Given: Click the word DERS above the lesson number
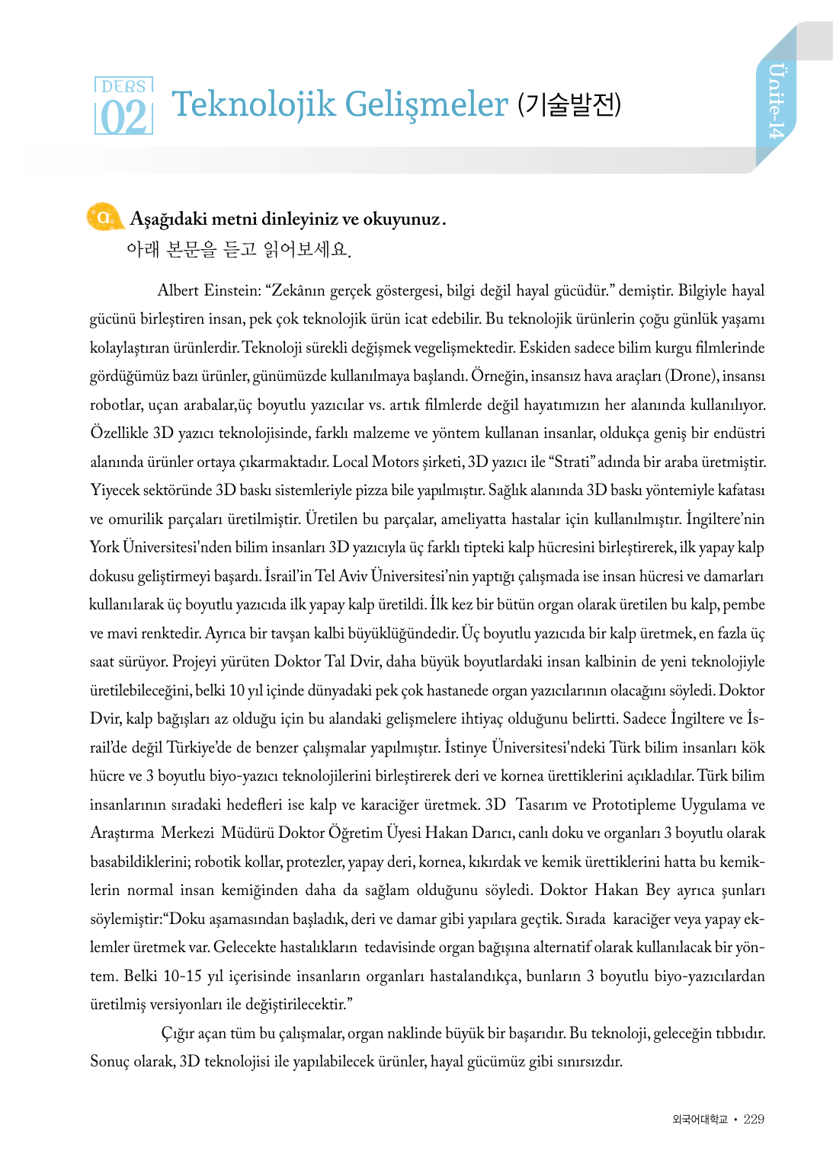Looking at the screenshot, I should pos(123,86).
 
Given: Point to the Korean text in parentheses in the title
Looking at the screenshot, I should pos(569,104).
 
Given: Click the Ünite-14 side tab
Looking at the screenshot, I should pos(776,101).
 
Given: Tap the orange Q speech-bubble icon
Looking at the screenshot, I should pos(103,217).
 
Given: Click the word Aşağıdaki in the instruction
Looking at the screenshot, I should pos(168,219).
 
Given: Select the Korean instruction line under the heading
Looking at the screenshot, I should pos(239,249).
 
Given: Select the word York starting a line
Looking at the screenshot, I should pos(104,548).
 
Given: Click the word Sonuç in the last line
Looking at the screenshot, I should pos(110,1062).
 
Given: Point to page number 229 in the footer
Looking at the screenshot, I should pos(754,1119).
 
